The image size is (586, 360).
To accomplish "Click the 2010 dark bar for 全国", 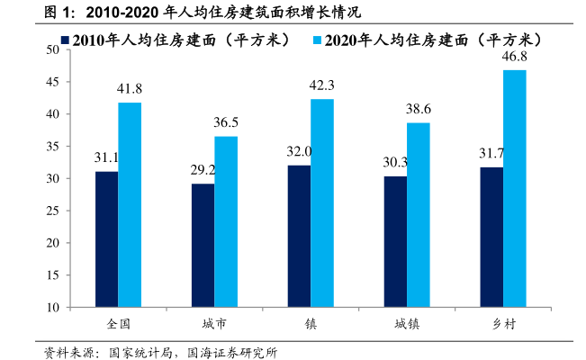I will (106, 238).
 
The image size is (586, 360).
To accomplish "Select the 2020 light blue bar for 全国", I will (130, 204).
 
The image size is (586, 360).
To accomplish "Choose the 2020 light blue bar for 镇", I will (322, 202).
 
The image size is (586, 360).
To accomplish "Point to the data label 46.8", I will (515, 56).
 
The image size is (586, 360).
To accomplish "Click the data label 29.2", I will (203, 169).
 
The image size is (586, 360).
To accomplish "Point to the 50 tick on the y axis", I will (53, 50).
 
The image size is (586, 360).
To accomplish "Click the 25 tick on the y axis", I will (53, 211).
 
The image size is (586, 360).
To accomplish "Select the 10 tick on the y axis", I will (53, 308).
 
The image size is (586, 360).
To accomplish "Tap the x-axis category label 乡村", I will (502, 322).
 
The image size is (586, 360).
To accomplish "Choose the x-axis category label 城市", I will (214, 322).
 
